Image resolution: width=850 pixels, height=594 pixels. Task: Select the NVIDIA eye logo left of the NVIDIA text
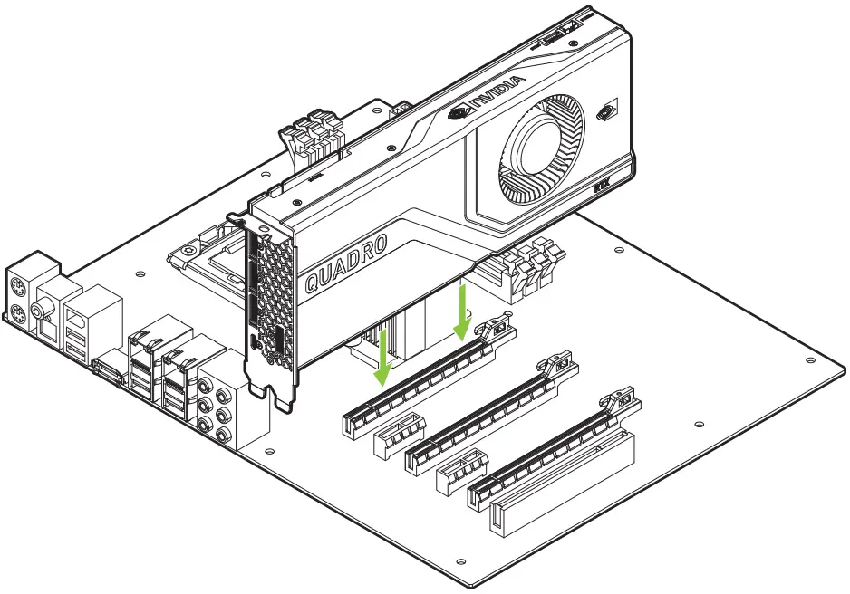459,113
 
